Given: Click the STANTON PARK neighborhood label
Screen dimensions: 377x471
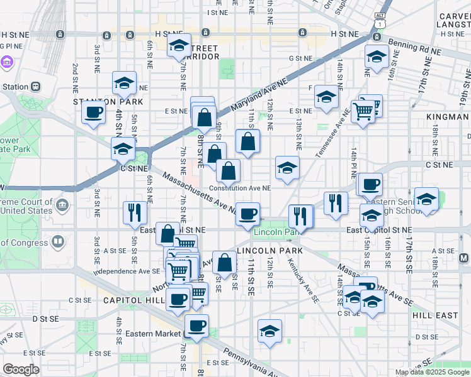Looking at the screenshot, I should tap(108, 101).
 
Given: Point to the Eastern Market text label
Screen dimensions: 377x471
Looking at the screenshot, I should tap(152, 334).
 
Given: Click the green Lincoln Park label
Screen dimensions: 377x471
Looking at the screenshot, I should tap(275, 232).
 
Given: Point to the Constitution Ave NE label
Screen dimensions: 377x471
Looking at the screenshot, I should tap(240, 187).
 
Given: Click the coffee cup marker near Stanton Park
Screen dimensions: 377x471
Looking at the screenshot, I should tap(94, 112).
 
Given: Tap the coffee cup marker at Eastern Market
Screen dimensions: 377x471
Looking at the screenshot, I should tap(197, 325).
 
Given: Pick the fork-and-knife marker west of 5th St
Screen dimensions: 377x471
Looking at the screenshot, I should tap(134, 212).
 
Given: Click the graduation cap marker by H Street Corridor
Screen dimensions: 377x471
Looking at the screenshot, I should tap(179, 45).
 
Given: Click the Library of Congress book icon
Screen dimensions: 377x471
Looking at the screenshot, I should tap(59, 241).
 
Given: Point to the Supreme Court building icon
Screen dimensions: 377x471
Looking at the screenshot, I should tap(62, 205).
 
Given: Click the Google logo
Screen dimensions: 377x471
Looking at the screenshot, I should tap(21, 369).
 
